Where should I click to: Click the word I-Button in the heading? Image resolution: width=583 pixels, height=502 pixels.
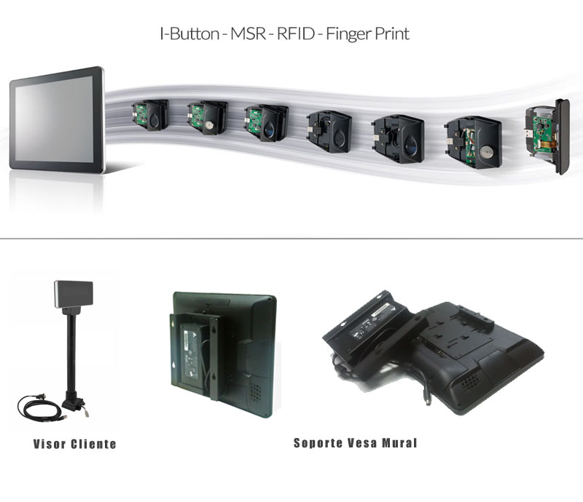pos(189,33)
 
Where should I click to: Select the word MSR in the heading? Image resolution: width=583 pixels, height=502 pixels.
pos(249,33)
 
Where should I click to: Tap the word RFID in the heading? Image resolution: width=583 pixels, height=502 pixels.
pos(297,33)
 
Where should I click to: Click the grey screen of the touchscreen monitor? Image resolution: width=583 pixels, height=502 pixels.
pos(54,119)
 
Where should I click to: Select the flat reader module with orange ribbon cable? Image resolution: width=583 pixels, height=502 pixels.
pos(547,136)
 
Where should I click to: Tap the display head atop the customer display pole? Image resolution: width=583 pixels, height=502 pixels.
pos(74,294)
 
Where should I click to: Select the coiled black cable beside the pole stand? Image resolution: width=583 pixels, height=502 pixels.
pos(39,407)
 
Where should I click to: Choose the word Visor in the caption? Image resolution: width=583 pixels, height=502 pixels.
pos(50,444)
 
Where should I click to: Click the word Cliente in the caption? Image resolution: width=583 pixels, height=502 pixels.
pos(93,444)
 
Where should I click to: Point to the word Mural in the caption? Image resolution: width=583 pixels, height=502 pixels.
pos(399,443)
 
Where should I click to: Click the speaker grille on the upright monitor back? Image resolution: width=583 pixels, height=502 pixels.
pos(255,392)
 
